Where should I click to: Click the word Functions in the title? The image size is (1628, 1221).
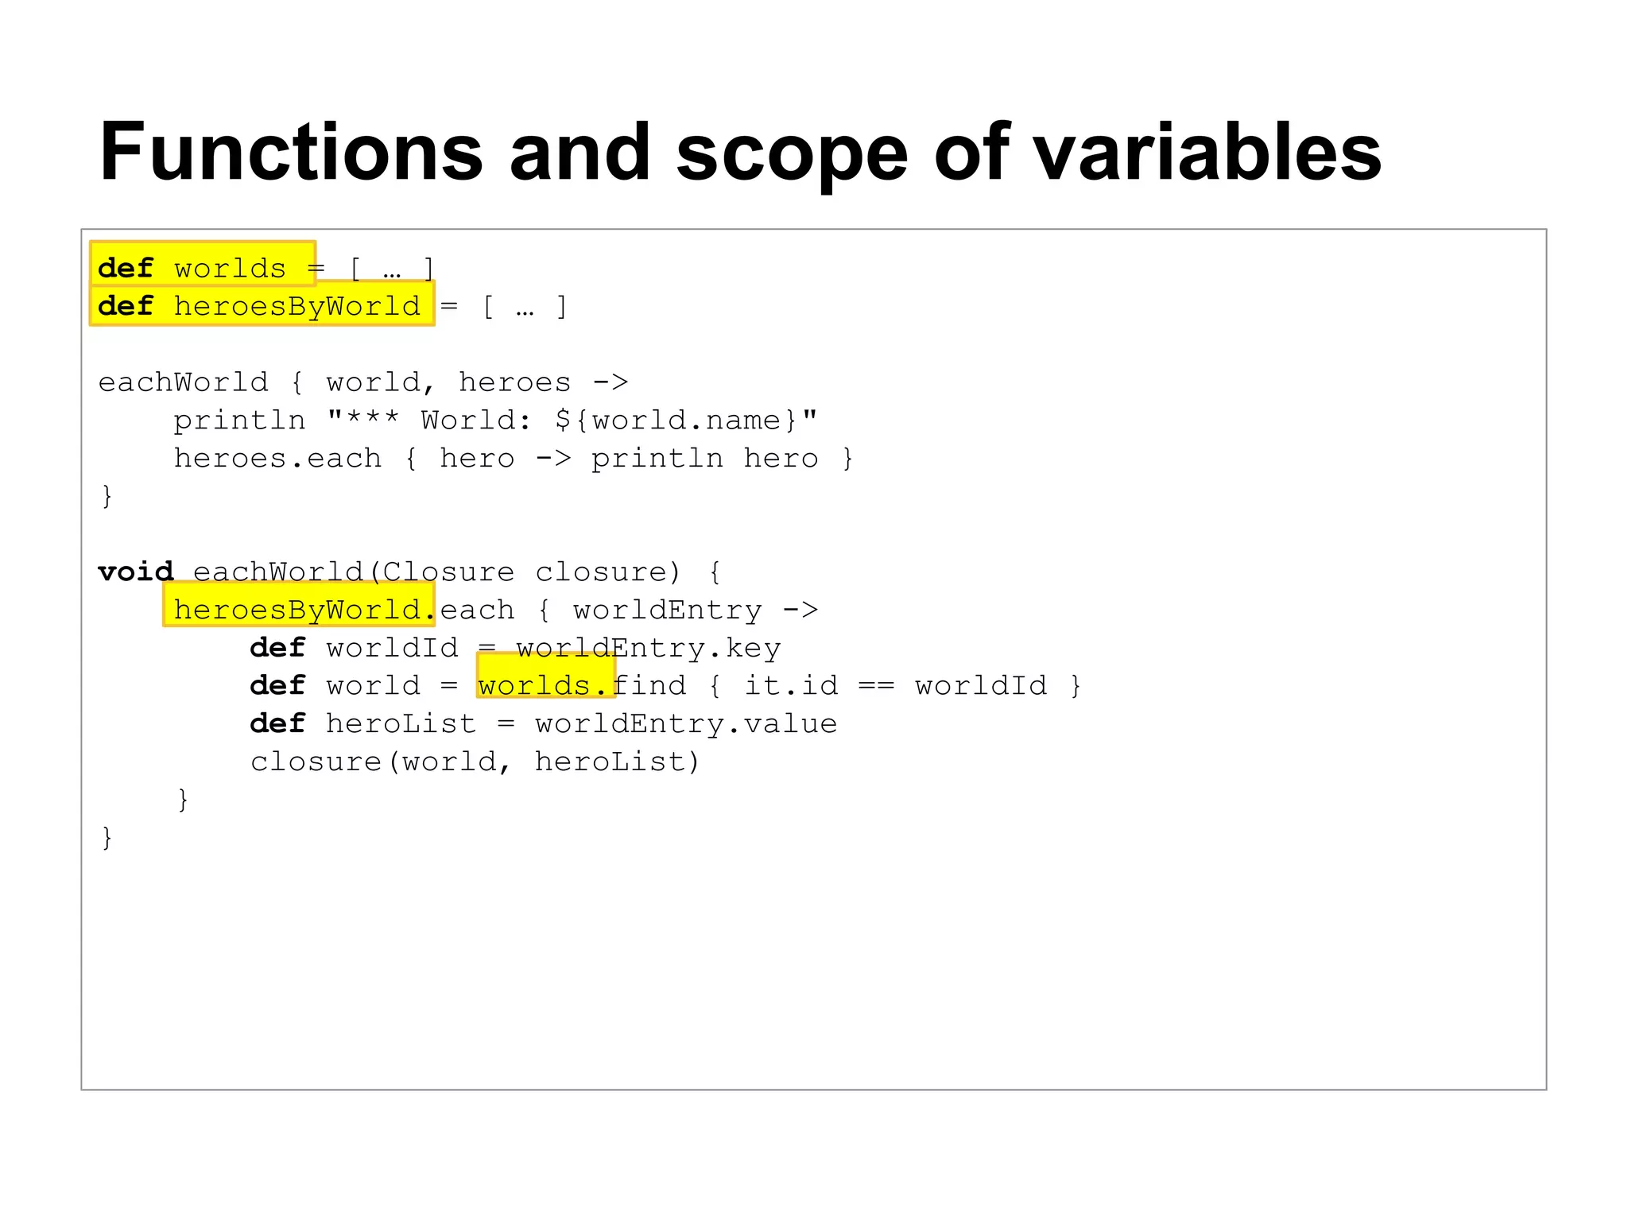click(291, 152)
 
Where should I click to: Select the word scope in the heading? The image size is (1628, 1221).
click(791, 153)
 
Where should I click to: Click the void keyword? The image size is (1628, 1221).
click(135, 572)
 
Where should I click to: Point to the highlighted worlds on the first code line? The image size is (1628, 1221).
click(230, 269)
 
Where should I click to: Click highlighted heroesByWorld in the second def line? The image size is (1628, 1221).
click(297, 306)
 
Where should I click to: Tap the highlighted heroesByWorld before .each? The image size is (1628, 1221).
click(297, 610)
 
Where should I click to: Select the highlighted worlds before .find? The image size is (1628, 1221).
click(534, 685)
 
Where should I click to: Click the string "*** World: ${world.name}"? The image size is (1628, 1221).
click(572, 420)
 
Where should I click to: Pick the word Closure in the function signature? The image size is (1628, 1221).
click(448, 572)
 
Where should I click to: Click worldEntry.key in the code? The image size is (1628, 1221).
click(648, 648)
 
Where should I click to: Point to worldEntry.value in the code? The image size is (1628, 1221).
click(685, 723)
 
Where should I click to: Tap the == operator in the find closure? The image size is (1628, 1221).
click(876, 685)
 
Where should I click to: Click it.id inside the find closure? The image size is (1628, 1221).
click(791, 685)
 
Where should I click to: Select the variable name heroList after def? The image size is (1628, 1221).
click(401, 723)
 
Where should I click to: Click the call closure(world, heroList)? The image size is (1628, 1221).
click(475, 762)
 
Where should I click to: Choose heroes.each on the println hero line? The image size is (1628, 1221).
click(277, 458)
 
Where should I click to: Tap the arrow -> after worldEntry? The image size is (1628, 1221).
click(800, 610)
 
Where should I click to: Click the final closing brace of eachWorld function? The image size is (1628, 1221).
click(107, 837)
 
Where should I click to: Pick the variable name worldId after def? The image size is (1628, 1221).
click(392, 648)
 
